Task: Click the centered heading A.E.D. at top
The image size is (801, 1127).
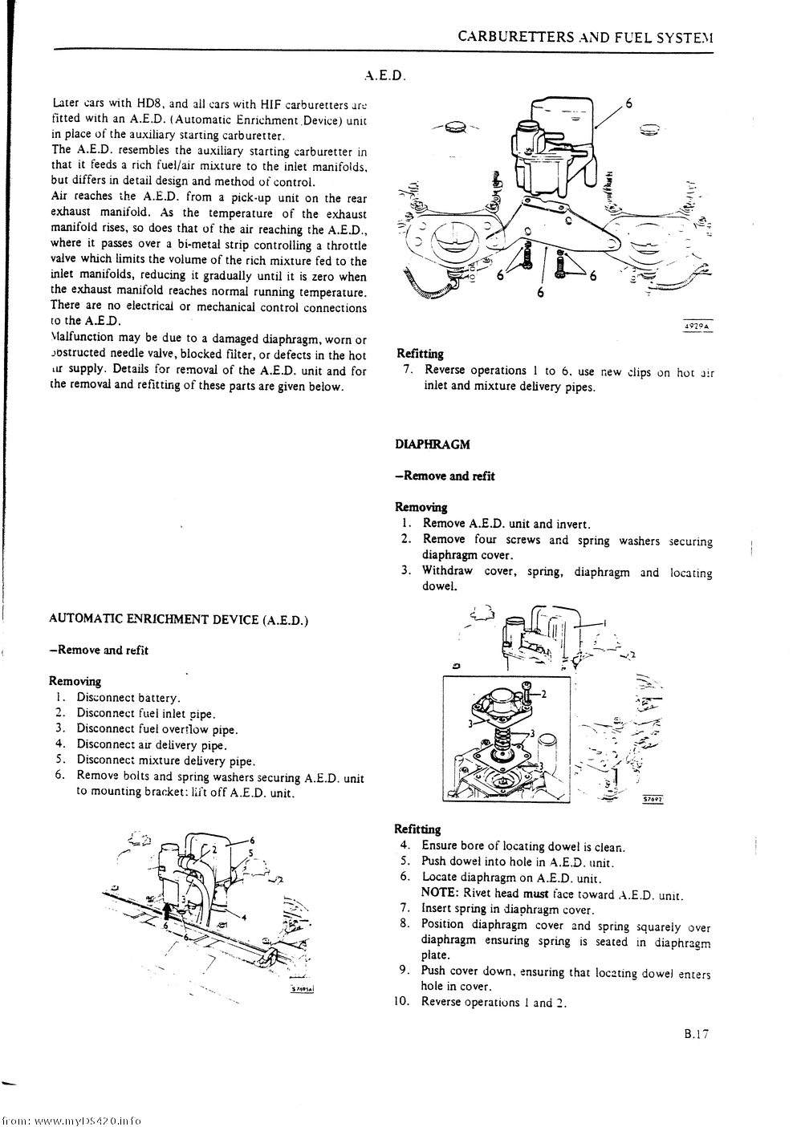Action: click(384, 77)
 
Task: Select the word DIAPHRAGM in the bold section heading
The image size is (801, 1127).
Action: click(433, 444)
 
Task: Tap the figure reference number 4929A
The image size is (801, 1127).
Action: click(697, 326)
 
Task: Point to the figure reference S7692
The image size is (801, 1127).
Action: click(655, 799)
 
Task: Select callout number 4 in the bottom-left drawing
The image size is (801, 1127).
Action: click(244, 918)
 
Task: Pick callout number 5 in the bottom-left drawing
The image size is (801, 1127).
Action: click(251, 853)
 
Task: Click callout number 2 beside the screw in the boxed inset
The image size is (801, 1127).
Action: click(543, 694)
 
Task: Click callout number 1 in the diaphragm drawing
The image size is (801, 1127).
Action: click(604, 623)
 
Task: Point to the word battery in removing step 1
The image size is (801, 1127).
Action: click(159, 698)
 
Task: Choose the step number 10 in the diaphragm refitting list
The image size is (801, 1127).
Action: click(402, 1001)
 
